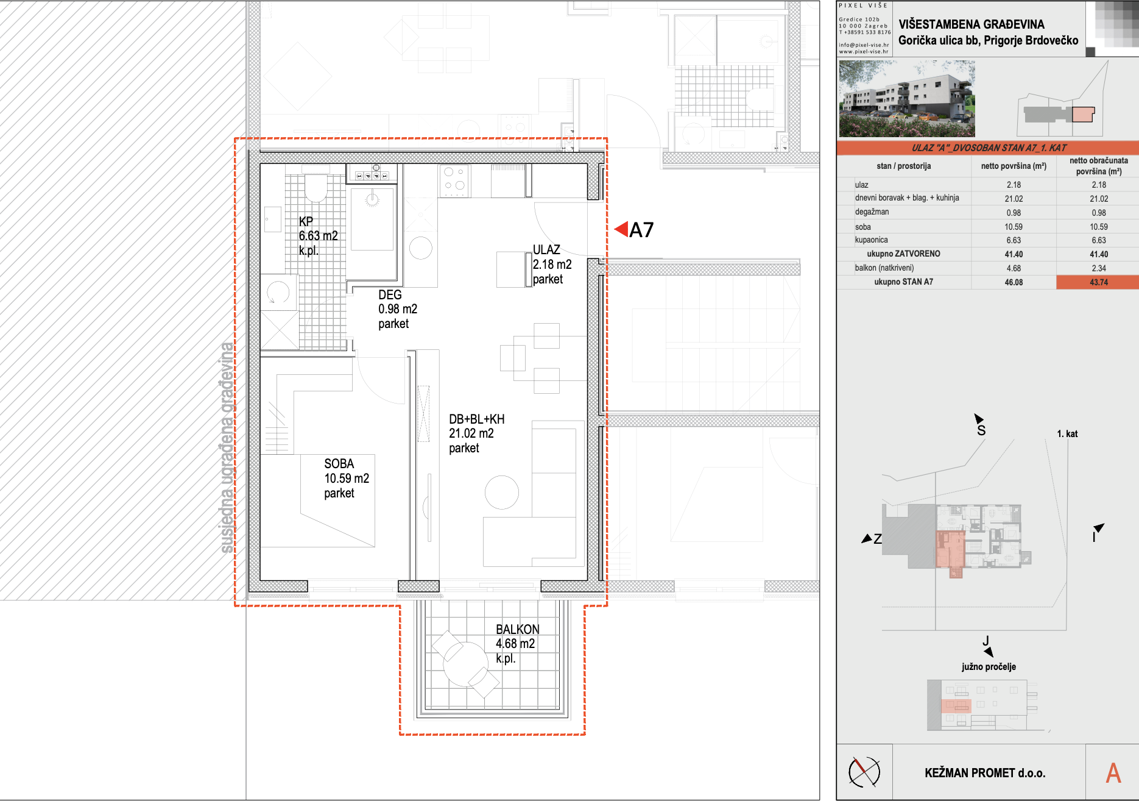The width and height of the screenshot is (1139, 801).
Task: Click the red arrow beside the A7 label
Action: click(621, 229)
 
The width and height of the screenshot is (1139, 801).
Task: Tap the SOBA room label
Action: click(339, 464)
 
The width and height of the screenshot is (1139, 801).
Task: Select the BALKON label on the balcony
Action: click(518, 629)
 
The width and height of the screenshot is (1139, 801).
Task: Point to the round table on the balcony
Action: click(465, 664)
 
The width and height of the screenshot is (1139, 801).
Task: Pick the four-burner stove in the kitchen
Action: click(454, 181)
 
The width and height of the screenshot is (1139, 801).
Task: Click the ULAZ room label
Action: click(546, 250)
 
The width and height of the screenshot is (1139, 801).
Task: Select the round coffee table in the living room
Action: click(502, 492)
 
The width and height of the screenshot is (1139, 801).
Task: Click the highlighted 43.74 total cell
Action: click(1098, 282)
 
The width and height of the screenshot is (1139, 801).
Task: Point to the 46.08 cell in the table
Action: click(1014, 282)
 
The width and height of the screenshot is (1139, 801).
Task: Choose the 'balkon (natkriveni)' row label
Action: click(884, 268)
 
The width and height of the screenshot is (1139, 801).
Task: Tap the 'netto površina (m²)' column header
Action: click(1014, 166)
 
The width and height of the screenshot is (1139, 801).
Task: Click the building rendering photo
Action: click(907, 99)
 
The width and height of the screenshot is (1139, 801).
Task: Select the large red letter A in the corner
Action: click(1113, 773)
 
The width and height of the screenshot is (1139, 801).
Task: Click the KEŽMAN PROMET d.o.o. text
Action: click(985, 773)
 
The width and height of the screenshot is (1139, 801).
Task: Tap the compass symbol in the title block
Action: click(864, 772)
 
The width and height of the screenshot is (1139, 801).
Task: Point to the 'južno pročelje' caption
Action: click(989, 667)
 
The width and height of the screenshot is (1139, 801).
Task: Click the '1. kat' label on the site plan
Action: click(1067, 434)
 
